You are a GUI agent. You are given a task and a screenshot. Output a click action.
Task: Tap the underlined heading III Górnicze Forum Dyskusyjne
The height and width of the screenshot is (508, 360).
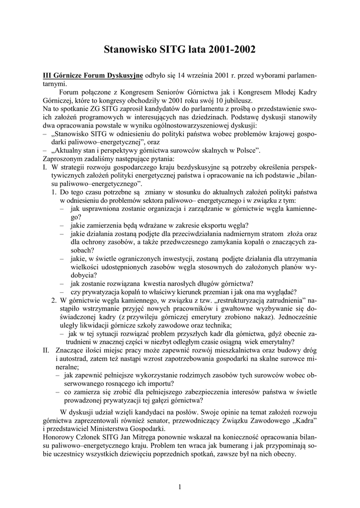[x=93, y=76]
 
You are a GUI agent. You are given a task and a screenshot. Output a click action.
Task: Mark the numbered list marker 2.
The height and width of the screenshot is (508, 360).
[x=54, y=301]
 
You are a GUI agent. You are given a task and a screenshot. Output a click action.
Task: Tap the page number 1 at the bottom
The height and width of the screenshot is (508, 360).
[x=180, y=487]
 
